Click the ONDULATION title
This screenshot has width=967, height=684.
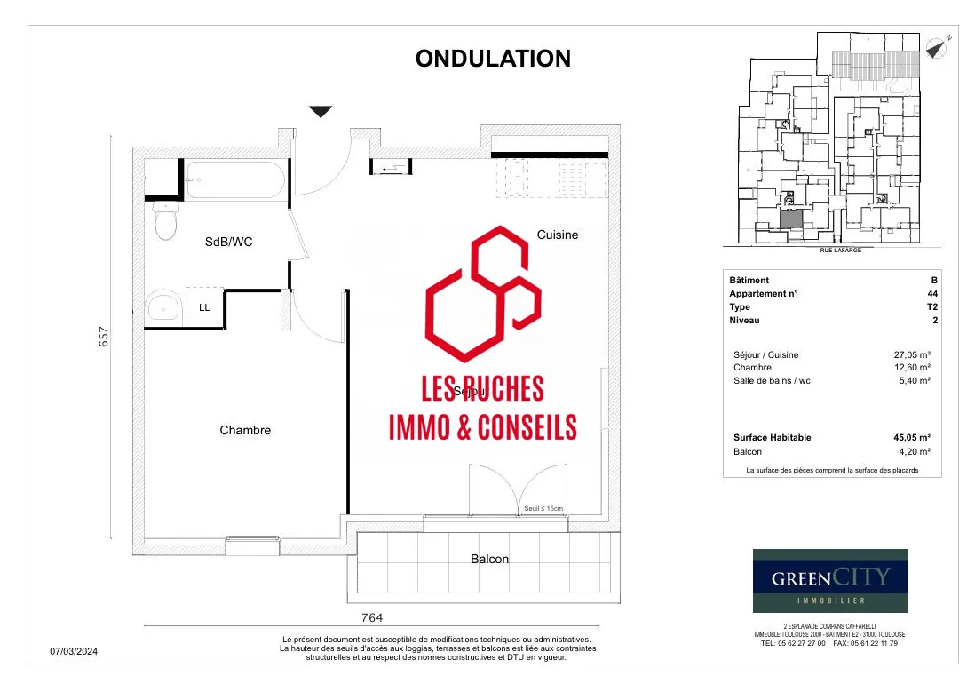point(493,59)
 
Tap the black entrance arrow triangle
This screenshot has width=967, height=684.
point(321,112)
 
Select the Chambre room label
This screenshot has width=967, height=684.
point(245,430)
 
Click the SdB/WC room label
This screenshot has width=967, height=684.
point(228,242)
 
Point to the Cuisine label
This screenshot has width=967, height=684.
point(557,235)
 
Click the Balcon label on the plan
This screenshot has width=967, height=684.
point(489,559)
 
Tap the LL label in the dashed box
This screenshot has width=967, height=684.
point(204,307)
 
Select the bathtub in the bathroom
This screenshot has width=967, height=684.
point(234,179)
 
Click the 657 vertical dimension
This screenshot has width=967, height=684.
point(104,337)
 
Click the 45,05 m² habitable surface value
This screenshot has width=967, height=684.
point(912,437)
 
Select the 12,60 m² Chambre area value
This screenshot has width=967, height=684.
point(912,368)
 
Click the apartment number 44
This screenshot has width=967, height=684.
point(931,294)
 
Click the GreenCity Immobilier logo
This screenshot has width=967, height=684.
point(830,581)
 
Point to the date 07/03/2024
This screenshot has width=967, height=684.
point(75,652)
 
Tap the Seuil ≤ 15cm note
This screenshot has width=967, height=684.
point(543,509)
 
